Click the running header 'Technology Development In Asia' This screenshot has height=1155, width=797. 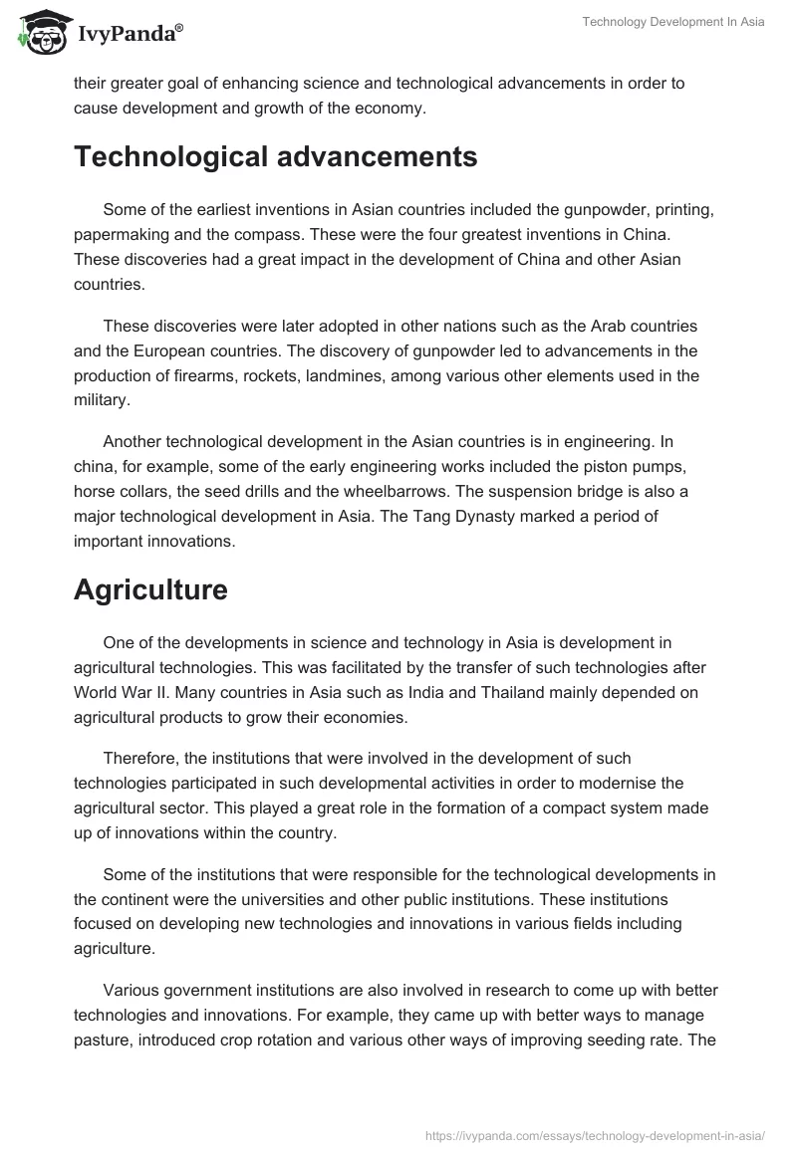tap(673, 22)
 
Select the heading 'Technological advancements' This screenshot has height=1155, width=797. tap(276, 157)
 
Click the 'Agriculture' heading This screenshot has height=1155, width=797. tap(150, 589)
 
